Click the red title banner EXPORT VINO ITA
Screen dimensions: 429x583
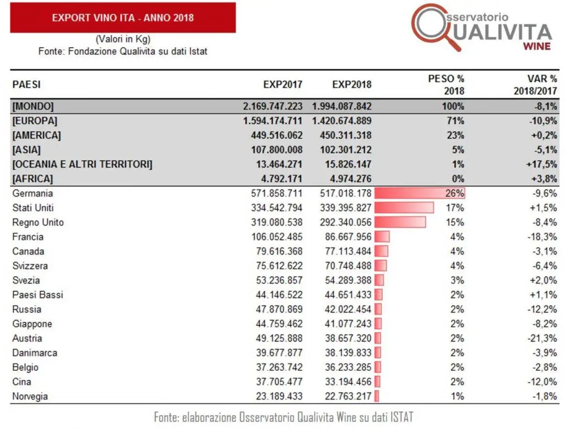tap(122, 18)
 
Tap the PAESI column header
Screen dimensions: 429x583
tap(26, 84)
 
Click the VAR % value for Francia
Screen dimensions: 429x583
tap(542, 237)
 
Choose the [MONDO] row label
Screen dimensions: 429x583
tap(33, 106)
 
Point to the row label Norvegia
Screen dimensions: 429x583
tap(30, 396)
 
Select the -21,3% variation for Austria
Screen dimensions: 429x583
tap(542, 338)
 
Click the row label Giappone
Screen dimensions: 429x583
tap(32, 324)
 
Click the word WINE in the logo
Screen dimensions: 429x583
tap(537, 46)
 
